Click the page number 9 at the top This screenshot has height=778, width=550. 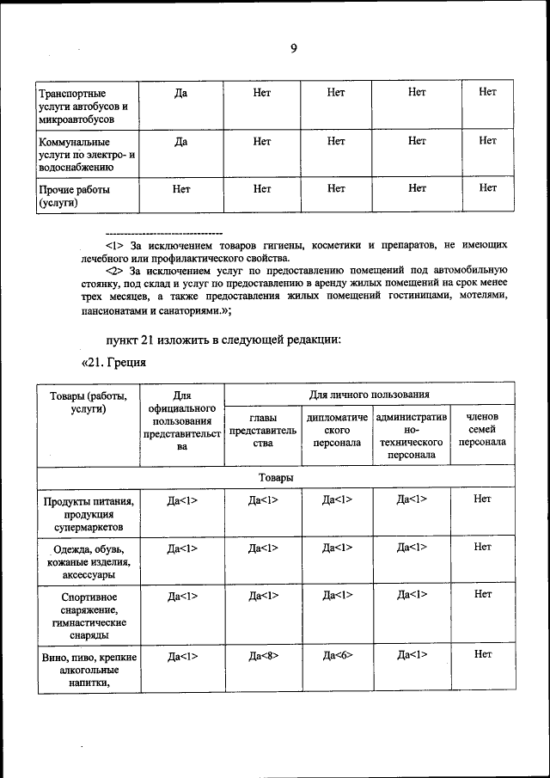click(x=293, y=48)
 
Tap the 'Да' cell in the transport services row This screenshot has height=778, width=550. click(x=181, y=92)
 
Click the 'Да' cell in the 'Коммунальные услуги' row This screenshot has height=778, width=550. click(x=181, y=141)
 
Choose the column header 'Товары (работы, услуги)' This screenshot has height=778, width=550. click(x=84, y=402)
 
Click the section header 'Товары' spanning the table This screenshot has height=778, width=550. click(x=275, y=477)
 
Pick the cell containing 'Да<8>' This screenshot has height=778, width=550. click(x=263, y=655)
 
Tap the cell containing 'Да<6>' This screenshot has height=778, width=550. click(x=337, y=655)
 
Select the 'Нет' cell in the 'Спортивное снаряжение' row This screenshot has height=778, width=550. click(x=482, y=594)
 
